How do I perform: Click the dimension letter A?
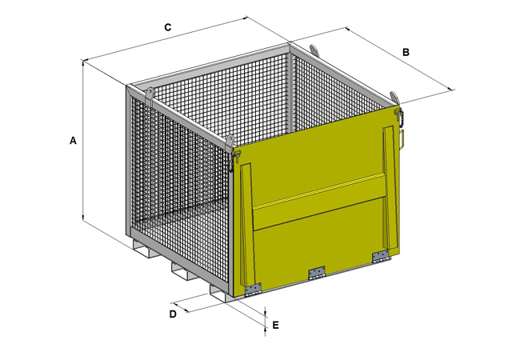point(73,141)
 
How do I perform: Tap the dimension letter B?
point(406,53)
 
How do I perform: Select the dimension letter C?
point(168,27)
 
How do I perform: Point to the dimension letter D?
point(173,314)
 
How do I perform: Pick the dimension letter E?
point(275,326)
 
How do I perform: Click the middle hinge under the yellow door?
point(317,273)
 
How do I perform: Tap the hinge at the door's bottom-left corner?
point(253,290)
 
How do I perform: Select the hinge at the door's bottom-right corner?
point(381,256)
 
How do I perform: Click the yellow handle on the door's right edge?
point(402,139)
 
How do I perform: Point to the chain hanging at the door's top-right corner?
point(401,117)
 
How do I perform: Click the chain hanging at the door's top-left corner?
point(231,162)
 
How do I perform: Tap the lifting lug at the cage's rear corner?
point(314,50)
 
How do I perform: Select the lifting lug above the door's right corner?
point(394,98)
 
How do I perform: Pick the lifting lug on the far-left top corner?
point(150,95)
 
